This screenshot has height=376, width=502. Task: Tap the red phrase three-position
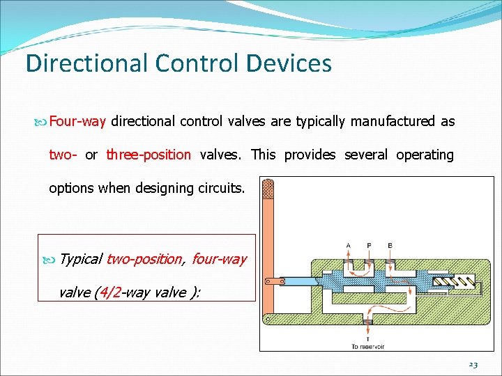pyautogui.click(x=149, y=155)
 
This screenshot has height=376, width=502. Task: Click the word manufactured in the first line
pyautogui.click(x=392, y=122)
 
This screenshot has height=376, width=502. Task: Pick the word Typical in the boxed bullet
pyautogui.click(x=81, y=259)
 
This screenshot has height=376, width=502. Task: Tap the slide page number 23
pyautogui.click(x=474, y=363)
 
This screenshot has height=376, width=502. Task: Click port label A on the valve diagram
pyautogui.click(x=349, y=245)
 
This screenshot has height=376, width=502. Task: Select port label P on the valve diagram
pyautogui.click(x=369, y=245)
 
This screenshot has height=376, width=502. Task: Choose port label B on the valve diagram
pyautogui.click(x=390, y=245)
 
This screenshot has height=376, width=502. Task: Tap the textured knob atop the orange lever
pyautogui.click(x=268, y=189)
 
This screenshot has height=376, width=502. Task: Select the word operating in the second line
pyautogui.click(x=425, y=155)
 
